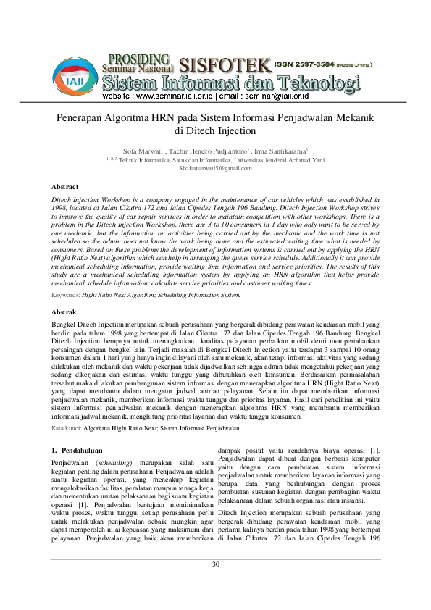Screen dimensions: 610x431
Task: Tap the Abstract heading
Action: point(66,186)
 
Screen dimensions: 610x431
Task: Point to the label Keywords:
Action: point(66,295)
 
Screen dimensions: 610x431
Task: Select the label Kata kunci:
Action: point(66,429)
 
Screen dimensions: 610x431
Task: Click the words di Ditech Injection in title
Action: point(215,131)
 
